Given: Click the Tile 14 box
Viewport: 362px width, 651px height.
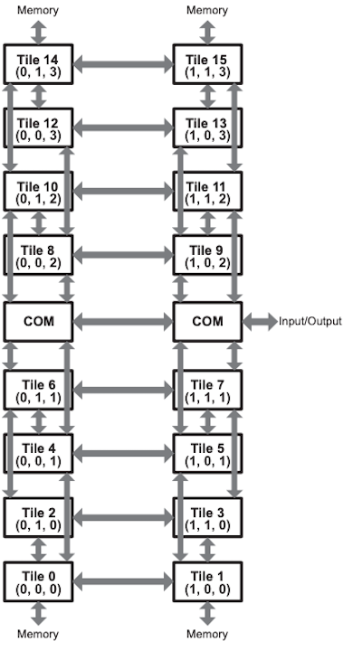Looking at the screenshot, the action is [38, 64].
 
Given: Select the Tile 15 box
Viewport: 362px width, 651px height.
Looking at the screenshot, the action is [207, 64].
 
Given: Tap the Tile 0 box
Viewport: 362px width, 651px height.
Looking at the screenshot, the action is [38, 581].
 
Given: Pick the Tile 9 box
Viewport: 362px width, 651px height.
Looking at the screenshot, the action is [207, 254].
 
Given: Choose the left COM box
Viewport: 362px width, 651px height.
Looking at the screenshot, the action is [38, 322].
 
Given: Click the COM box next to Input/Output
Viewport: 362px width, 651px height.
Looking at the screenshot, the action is [207, 322].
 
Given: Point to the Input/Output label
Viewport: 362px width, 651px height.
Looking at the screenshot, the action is [310, 321].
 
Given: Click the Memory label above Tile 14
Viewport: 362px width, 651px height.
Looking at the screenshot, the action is [38, 10].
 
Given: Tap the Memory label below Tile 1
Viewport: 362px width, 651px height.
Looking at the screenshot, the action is [207, 634].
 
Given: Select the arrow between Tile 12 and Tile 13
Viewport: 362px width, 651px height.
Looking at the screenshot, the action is [123, 127].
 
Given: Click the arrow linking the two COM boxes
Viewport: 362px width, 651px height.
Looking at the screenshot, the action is [123, 322].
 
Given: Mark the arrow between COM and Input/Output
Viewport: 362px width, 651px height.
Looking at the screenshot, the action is [260, 322].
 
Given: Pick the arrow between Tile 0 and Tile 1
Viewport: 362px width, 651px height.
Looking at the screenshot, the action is [123, 581].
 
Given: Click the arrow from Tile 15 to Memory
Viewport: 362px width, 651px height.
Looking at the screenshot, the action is [207, 33].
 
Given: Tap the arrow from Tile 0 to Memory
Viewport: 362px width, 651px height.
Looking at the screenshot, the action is [39, 614].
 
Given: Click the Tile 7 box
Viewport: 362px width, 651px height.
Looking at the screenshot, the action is [207, 391].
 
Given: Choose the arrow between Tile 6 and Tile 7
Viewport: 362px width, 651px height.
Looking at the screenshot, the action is [123, 391].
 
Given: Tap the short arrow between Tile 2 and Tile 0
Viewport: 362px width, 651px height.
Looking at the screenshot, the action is [39, 550].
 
